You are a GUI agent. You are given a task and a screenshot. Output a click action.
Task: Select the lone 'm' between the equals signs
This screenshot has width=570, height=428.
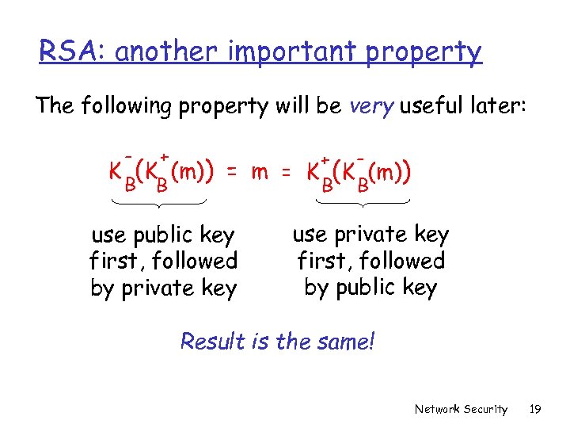pos(260,172)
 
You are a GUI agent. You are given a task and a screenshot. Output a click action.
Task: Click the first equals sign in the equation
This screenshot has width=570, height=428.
pos(230,172)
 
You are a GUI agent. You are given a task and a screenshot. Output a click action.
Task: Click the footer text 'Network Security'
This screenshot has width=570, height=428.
pos(461,409)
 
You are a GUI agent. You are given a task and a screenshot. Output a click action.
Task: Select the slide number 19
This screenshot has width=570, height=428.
pos(534,409)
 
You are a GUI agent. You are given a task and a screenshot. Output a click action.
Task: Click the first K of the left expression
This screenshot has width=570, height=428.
pos(116,172)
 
